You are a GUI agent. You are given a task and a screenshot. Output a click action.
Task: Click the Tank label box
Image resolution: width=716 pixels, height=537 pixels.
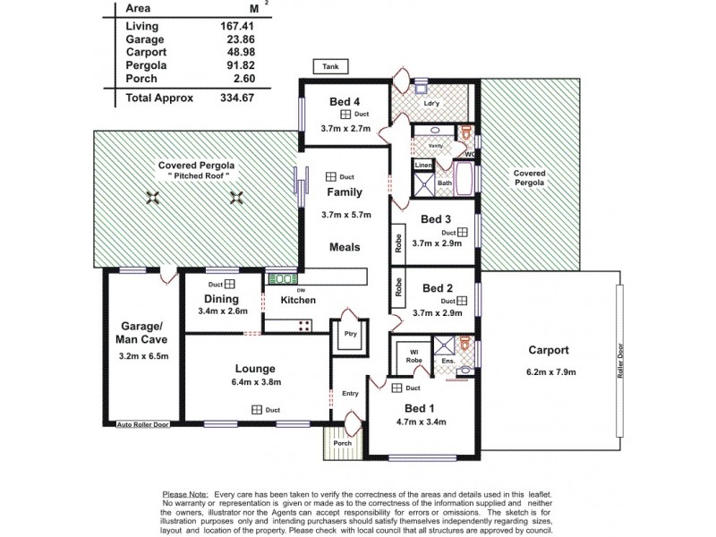click(x=325, y=65)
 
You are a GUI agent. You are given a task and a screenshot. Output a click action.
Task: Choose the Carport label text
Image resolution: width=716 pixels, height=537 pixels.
click(x=549, y=351)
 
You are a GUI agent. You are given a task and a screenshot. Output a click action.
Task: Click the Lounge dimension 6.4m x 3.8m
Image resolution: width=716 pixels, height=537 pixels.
click(x=254, y=382)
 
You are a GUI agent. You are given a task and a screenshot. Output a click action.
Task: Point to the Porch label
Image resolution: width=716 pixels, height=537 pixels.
click(x=343, y=442)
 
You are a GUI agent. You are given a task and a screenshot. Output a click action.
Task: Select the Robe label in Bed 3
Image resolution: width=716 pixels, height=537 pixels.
click(x=396, y=242)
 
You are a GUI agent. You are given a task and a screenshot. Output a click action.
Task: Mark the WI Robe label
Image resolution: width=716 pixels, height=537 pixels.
click(x=414, y=355)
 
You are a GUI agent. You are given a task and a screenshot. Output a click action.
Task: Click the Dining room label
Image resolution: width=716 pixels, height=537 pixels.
click(x=220, y=299)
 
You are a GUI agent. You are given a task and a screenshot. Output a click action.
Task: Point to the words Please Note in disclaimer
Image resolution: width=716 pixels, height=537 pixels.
click(x=184, y=494)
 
